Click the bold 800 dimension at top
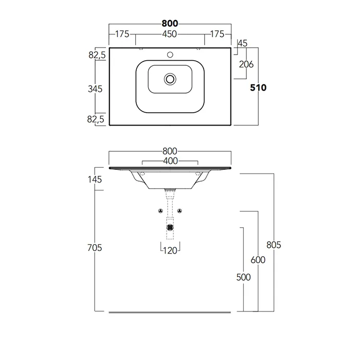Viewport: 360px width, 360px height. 170,24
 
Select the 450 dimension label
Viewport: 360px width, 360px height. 169,34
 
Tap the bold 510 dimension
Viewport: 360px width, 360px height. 258,88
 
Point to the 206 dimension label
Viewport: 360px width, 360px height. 246,64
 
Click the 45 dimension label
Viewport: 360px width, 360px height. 242,43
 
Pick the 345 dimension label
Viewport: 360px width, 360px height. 95,89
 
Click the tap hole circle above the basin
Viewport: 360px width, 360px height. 170,55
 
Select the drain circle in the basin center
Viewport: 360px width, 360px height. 170,79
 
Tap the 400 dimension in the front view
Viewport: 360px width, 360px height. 170,161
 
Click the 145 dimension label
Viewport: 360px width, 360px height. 95,179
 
